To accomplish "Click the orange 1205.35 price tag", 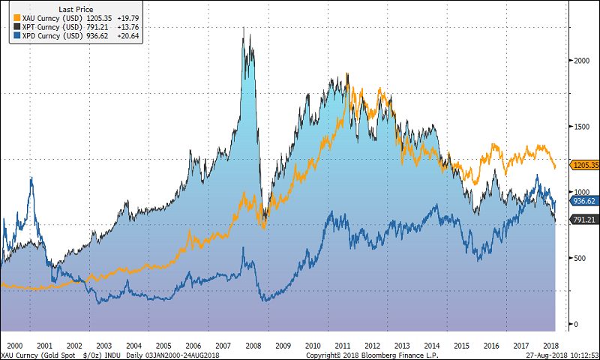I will [583, 165].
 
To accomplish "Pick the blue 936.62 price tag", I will [583, 201].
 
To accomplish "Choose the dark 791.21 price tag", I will [583, 220].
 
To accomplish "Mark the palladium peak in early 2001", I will [31, 178].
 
